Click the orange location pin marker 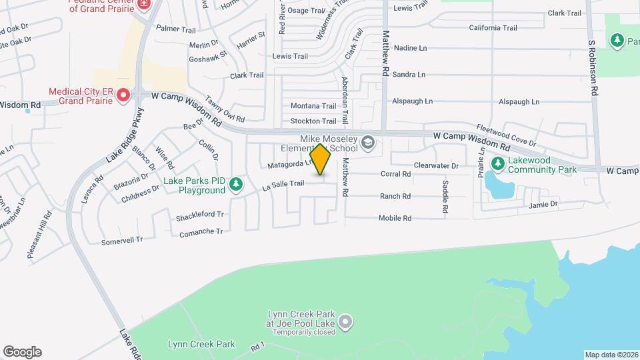pyautogui.click(x=321, y=159)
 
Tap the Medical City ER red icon pyautogui.click(x=123, y=96)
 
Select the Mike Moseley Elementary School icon pyautogui.click(x=367, y=142)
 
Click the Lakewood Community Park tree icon pyautogui.click(x=497, y=163)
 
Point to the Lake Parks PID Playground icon pyautogui.click(x=235, y=183)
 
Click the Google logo pyautogui.click(x=22, y=352)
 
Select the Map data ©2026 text pyautogui.click(x=611, y=355)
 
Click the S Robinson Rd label pyautogui.click(x=592, y=68)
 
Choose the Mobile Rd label pyautogui.click(x=395, y=218)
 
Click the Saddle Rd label pyautogui.click(x=445, y=197)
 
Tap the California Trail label pyautogui.click(x=493, y=28)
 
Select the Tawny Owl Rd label pyautogui.click(x=225, y=111)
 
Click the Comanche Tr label pyautogui.click(x=201, y=233)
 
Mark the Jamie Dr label pyautogui.click(x=541, y=204)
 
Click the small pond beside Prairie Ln pyautogui.click(x=497, y=184)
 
